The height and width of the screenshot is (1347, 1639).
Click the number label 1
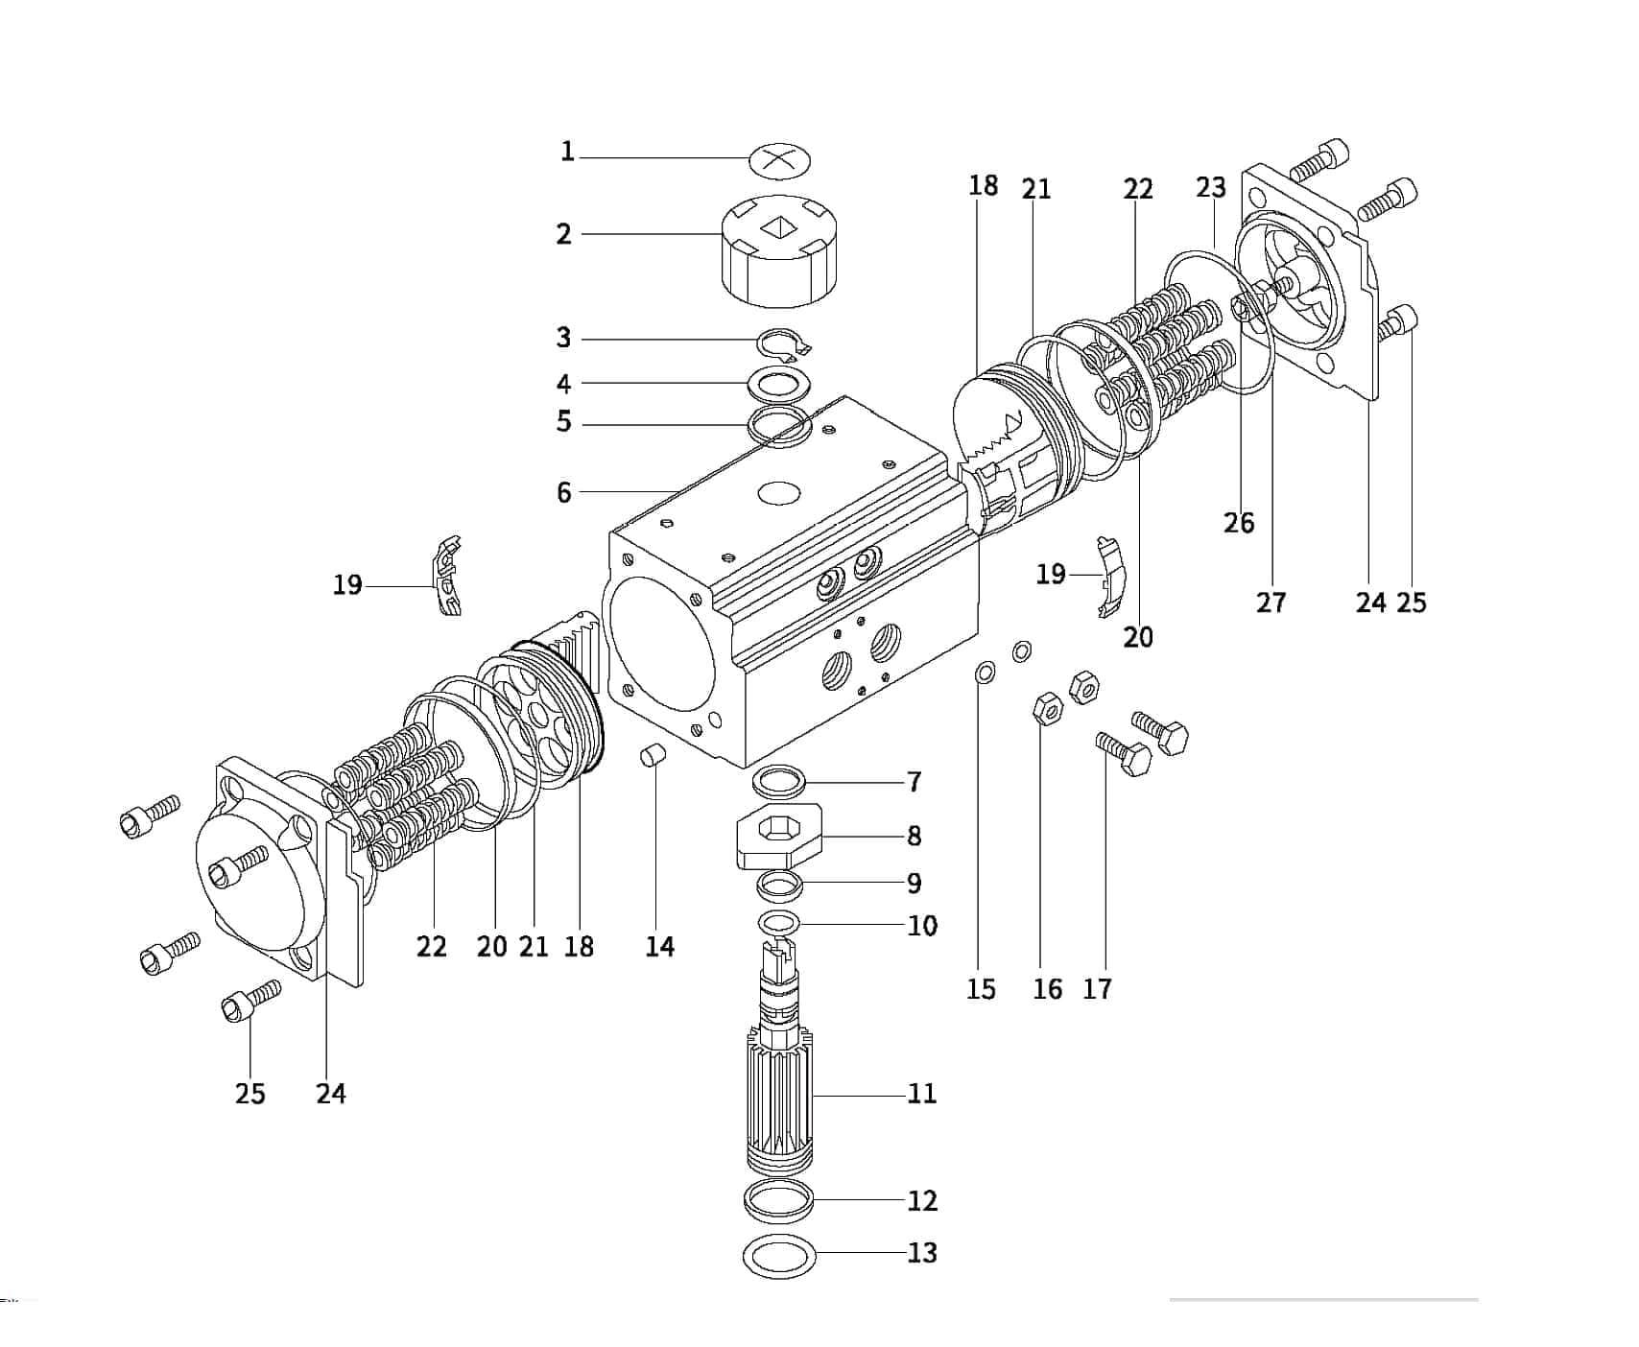[x=567, y=152]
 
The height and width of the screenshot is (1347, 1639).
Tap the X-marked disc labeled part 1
[x=779, y=160]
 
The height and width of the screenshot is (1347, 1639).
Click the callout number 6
[x=563, y=492]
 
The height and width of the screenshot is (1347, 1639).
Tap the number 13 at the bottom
[x=922, y=1252]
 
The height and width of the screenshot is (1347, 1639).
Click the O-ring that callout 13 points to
[x=779, y=1255]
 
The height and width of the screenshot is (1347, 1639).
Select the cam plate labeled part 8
[x=779, y=836]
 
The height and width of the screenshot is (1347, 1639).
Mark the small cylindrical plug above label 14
[x=653, y=755]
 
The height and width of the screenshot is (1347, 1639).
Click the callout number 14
[x=659, y=947]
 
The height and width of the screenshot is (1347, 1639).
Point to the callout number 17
[x=1097, y=988]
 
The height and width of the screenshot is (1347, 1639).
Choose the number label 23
[x=1211, y=187]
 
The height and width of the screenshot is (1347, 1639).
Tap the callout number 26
[x=1239, y=523]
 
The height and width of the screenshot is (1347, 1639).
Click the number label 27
[x=1271, y=603]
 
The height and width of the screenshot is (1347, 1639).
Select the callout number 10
[x=922, y=926]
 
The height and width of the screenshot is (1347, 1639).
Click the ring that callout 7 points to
[x=779, y=781]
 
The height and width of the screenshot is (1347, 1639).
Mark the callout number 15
[x=981, y=988]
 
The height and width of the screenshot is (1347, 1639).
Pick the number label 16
[x=1048, y=988]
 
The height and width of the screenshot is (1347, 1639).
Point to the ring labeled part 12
[x=779, y=1202]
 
